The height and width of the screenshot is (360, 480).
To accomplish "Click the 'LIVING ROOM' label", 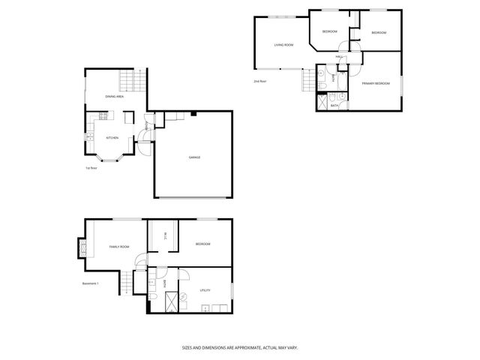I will click(x=283, y=45).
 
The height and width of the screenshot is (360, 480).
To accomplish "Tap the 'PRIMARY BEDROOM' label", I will click(x=376, y=83).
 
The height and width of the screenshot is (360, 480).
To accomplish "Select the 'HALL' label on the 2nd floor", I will click(x=339, y=57).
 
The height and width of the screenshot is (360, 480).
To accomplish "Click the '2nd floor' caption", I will click(x=259, y=80).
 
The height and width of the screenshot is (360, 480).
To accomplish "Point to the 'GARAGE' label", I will click(x=194, y=157).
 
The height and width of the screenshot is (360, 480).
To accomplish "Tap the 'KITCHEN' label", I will click(x=112, y=138).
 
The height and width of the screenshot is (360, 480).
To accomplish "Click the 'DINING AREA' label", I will click(x=114, y=97).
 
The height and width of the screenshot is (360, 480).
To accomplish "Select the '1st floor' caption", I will click(x=92, y=168).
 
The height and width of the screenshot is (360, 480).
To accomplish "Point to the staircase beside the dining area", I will click(x=130, y=79).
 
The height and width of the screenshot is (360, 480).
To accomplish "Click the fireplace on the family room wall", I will click(x=82, y=247).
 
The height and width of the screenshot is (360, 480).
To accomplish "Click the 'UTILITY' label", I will click(x=205, y=289).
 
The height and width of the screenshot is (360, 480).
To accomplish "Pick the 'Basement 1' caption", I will click(x=91, y=283).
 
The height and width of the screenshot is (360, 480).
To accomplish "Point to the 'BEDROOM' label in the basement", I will click(x=202, y=244).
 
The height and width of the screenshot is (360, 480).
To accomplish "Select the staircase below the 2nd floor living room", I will click(x=307, y=79).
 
